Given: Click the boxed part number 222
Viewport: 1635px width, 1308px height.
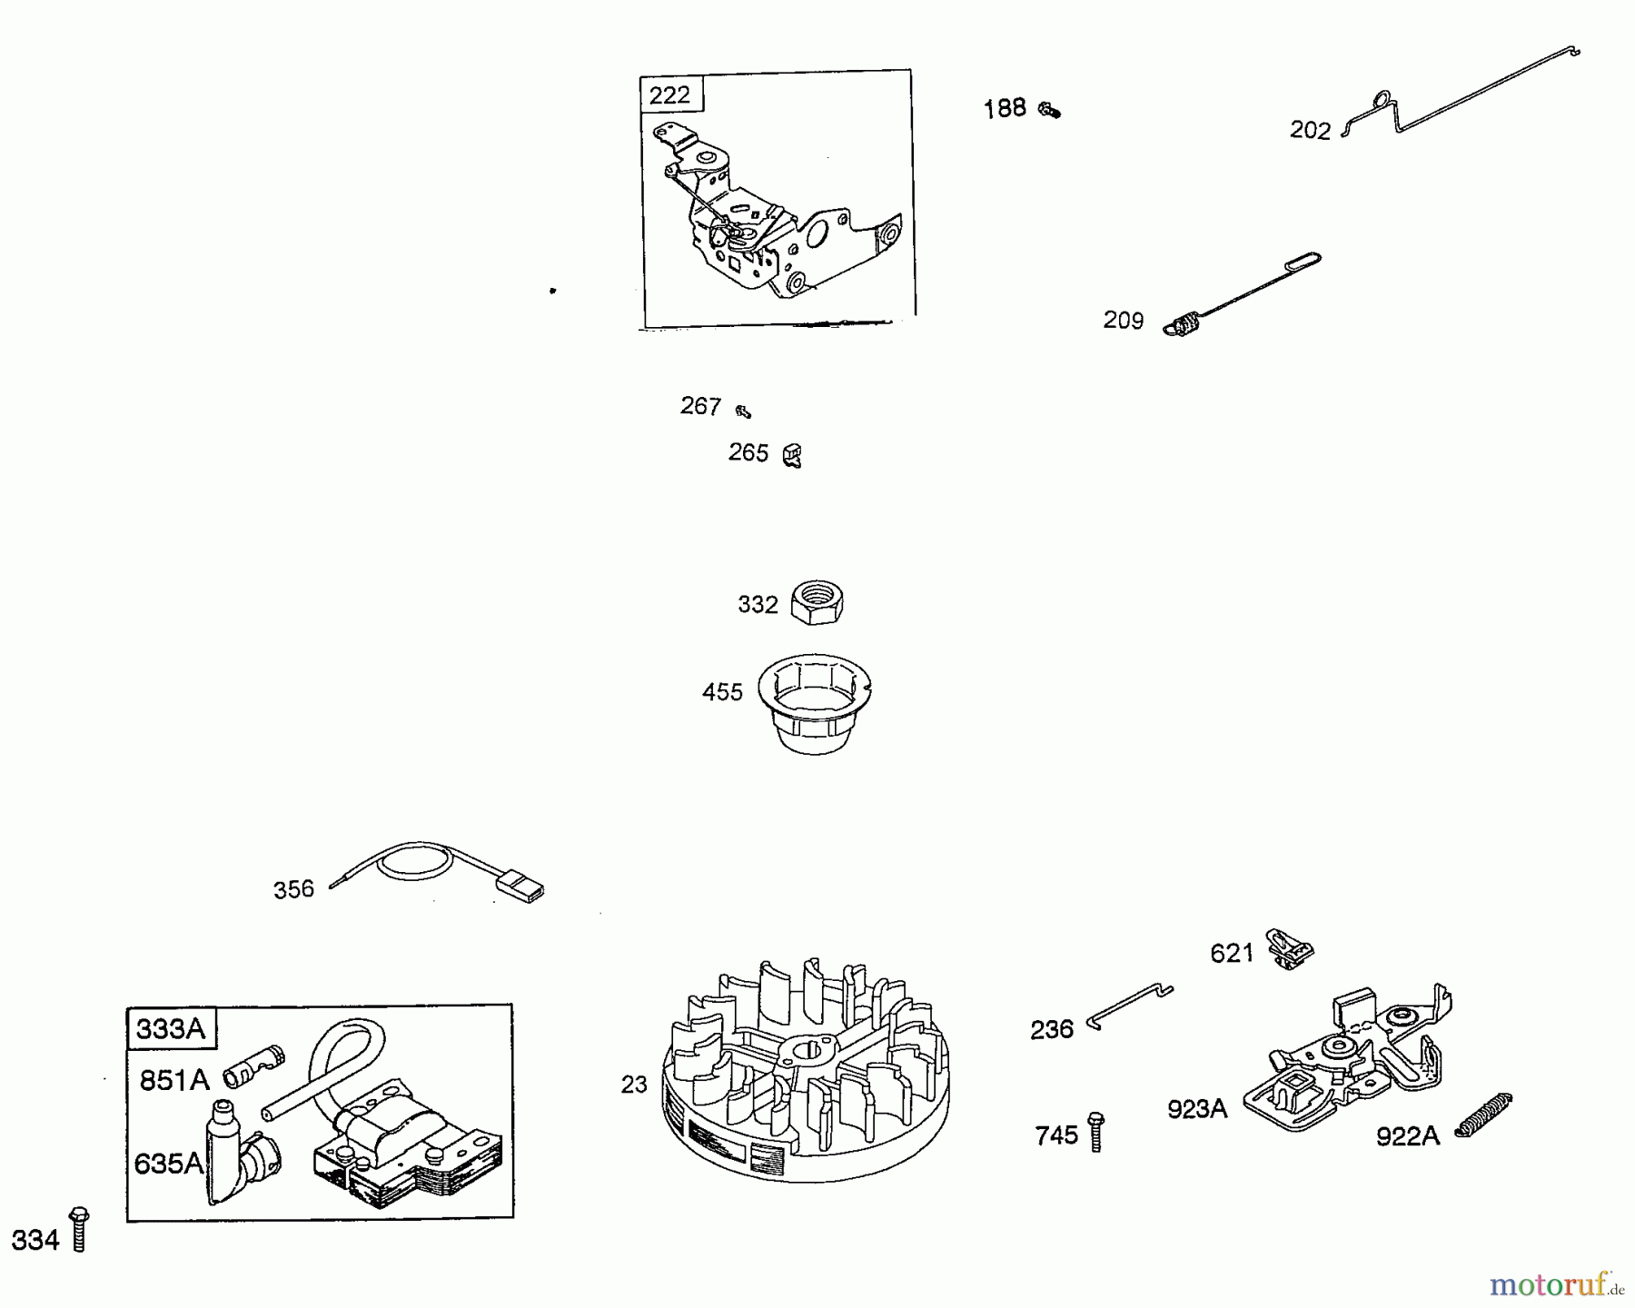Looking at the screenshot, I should coord(670,94).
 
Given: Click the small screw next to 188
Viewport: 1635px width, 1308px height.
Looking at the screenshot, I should coord(1050,111).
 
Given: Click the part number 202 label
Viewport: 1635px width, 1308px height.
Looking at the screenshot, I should coord(1310,131).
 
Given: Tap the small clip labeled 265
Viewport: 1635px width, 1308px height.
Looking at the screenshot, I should coord(792,454).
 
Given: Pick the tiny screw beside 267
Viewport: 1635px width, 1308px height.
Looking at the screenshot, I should coord(743,411).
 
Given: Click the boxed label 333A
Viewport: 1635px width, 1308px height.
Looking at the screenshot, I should coord(171,1028).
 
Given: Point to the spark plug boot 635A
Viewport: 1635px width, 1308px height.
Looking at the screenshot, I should coord(234,1151).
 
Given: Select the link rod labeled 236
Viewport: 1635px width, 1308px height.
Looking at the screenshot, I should coord(1130,1006).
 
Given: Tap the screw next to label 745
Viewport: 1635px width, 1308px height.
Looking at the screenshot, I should coord(1096,1131).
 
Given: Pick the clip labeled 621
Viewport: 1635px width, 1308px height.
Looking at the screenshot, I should coord(1289,948).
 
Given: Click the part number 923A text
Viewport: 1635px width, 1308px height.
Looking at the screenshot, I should coord(1197,1108).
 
